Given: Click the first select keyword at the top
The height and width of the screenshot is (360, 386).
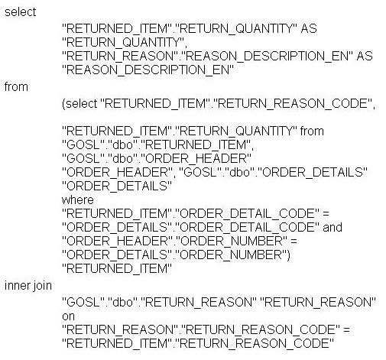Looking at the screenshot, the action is [21, 12].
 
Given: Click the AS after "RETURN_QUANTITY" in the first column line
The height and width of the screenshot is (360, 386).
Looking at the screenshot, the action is [309, 28].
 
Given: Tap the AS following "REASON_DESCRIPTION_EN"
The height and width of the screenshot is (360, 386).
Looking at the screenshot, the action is [365, 56].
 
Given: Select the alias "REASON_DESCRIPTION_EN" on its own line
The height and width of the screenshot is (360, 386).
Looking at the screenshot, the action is [148, 70].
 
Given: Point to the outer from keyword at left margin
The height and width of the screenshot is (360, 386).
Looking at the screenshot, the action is [16, 87].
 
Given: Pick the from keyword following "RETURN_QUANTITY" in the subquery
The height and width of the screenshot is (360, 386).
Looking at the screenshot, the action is [312, 131].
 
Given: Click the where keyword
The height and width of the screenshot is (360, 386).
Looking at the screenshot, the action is [78, 200].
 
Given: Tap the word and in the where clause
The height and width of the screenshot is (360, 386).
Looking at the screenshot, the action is [332, 228].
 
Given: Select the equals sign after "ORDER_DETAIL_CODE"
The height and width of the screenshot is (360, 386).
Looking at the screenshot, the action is [326, 214].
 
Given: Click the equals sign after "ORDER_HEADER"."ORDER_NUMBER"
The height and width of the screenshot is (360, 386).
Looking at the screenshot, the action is [294, 242].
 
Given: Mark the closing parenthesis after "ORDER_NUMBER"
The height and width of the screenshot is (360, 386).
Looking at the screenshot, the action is [288, 255].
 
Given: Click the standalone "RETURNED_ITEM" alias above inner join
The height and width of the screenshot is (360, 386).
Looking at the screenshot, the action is [117, 269].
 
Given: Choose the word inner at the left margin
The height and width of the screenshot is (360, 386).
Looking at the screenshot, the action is [15, 286].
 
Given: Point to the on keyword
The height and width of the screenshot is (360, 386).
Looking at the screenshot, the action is [68, 316].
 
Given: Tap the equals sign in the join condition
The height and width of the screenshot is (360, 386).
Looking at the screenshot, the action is [346, 330].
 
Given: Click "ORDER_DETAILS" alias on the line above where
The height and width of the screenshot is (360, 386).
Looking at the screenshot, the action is [117, 186].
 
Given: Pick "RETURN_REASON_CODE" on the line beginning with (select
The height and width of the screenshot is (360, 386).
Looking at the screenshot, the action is [294, 104].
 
